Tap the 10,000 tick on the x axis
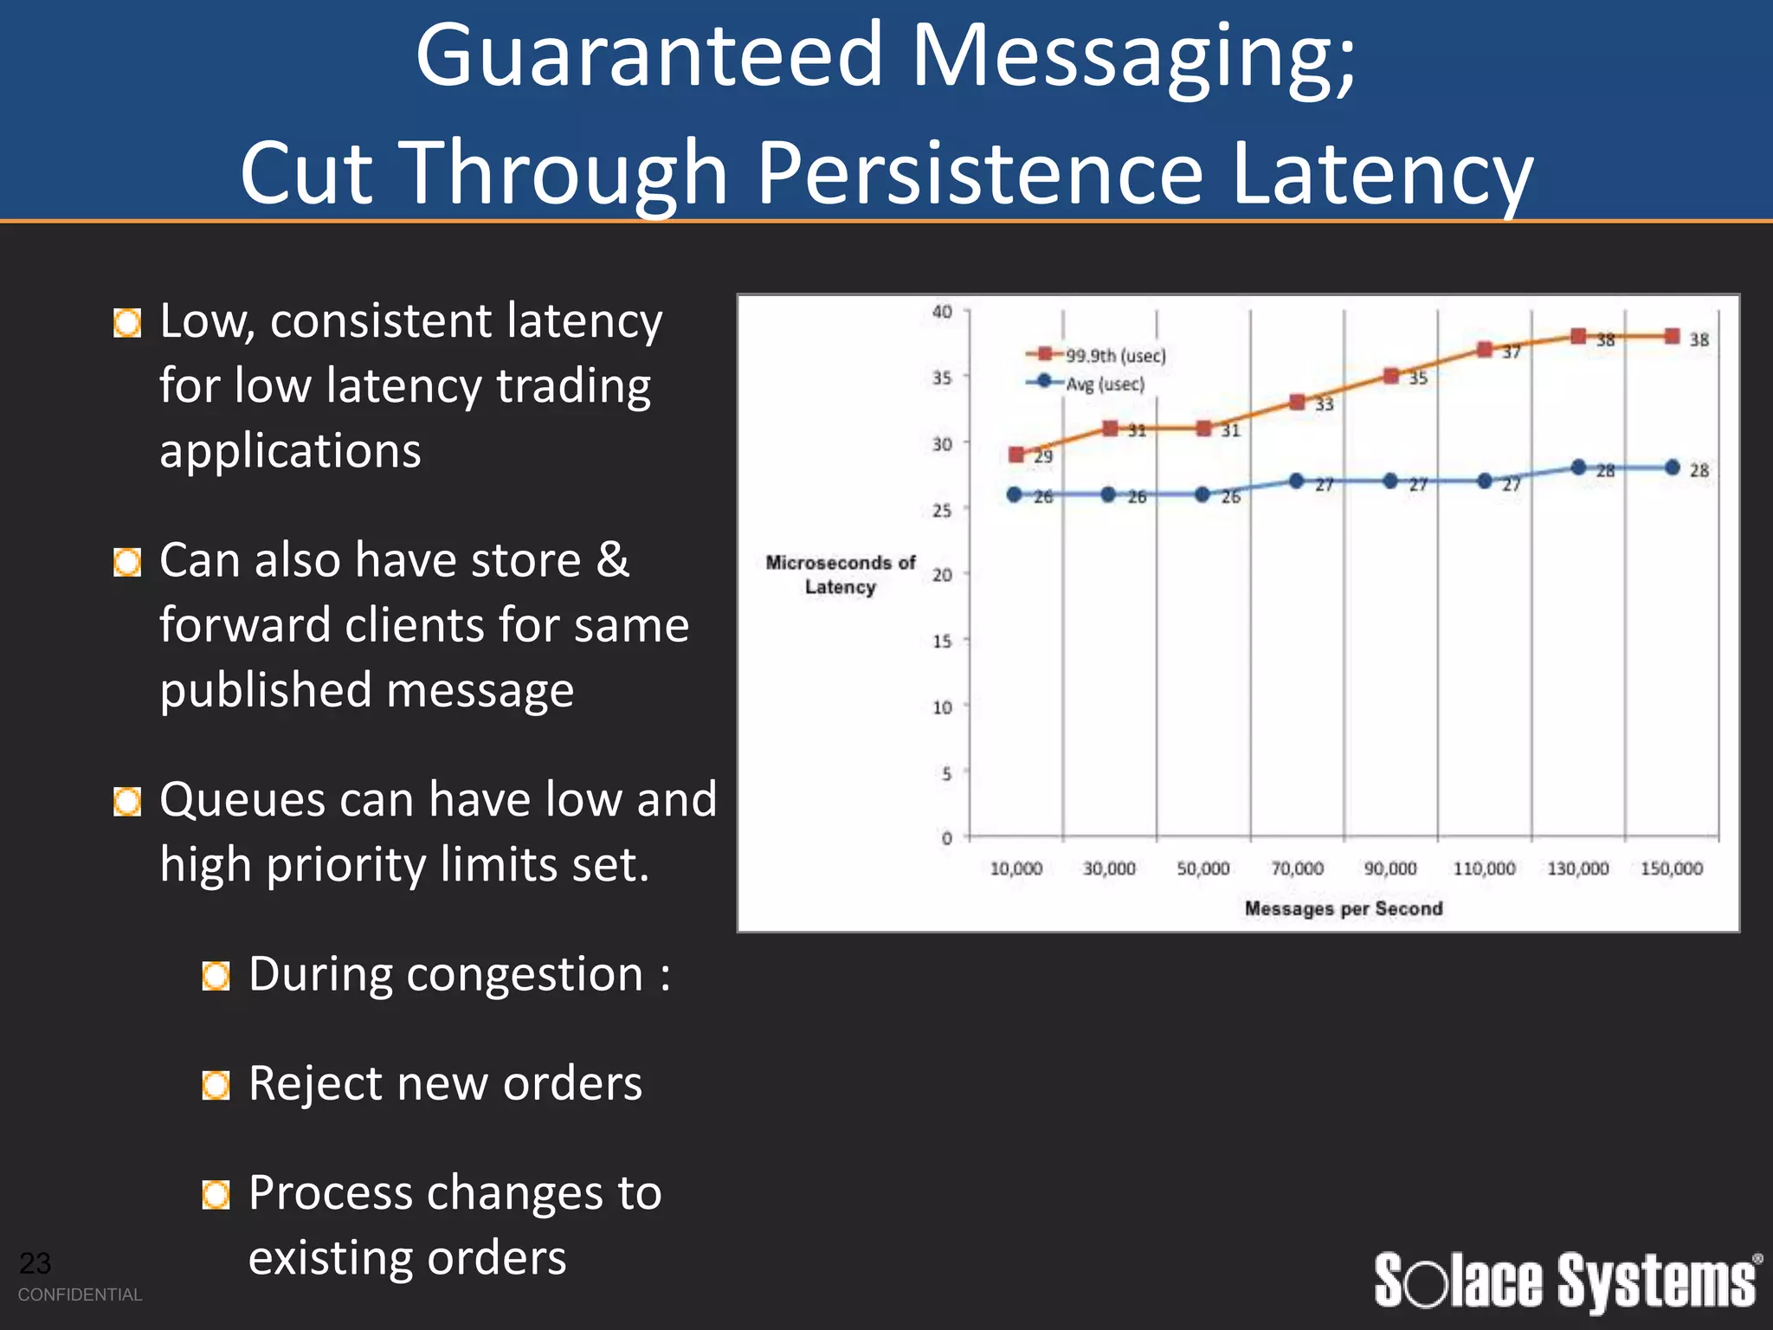pyautogui.click(x=1015, y=868)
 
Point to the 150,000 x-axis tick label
pyautogui.click(x=1671, y=868)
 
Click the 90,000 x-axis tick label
pyautogui.click(x=1390, y=868)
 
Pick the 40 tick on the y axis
pyautogui.click(x=942, y=312)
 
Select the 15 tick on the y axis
pyautogui.click(x=942, y=642)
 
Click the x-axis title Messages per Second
pyautogui.click(x=1344, y=908)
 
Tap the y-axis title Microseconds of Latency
pyautogui.click(x=840, y=575)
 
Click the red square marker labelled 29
pyautogui.click(x=1017, y=455)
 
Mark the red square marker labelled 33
pyautogui.click(x=1297, y=402)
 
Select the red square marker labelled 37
pyautogui.click(x=1485, y=349)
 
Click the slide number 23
pyautogui.click(x=35, y=1263)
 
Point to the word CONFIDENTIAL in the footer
pyautogui.click(x=80, y=1294)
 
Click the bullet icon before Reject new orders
pyautogui.click(x=216, y=1085)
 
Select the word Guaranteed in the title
pyautogui.click(x=648, y=55)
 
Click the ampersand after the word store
pyautogui.click(x=613, y=559)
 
